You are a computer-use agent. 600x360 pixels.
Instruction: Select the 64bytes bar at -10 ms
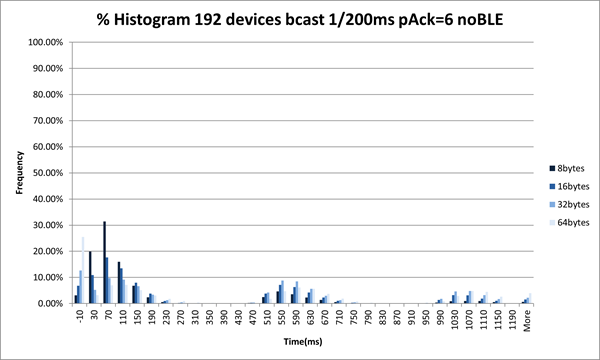83,270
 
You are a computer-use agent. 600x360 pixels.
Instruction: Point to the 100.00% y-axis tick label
48,43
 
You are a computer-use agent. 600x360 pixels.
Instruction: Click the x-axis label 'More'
527,320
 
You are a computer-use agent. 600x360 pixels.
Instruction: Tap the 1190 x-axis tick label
512,320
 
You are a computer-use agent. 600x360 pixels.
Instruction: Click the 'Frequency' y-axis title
18,171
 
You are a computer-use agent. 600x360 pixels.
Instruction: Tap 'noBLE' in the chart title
473,19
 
